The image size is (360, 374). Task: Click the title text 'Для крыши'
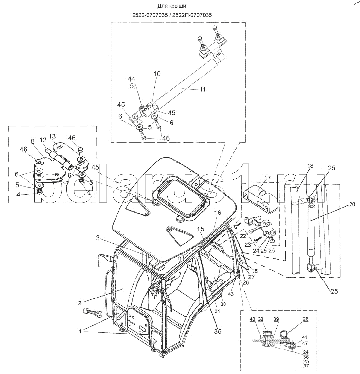[171, 6]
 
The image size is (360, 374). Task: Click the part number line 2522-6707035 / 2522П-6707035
[172, 15]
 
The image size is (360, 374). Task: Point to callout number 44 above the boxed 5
[131, 79]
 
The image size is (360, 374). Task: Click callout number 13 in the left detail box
[52, 136]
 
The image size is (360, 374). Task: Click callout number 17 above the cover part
[268, 178]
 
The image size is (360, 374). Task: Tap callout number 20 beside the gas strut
[352, 204]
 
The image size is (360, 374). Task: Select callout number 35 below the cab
[218, 331]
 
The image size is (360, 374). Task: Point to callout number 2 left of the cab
[79, 303]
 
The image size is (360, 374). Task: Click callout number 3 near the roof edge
[98, 238]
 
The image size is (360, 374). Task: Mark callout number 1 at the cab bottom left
[81, 331]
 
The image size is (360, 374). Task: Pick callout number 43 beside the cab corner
[231, 295]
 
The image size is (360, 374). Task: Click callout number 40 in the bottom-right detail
[253, 319]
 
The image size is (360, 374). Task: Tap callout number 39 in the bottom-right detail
[276, 319]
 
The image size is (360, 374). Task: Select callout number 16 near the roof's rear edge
[218, 212]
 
